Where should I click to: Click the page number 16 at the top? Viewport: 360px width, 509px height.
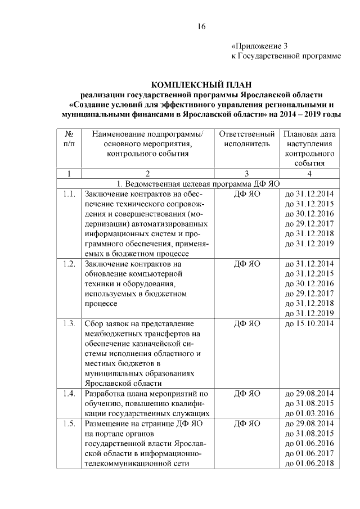201,26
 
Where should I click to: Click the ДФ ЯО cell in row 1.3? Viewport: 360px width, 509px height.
247,323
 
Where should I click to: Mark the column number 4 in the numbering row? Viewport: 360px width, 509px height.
310,174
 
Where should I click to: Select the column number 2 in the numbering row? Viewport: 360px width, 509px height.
147,174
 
